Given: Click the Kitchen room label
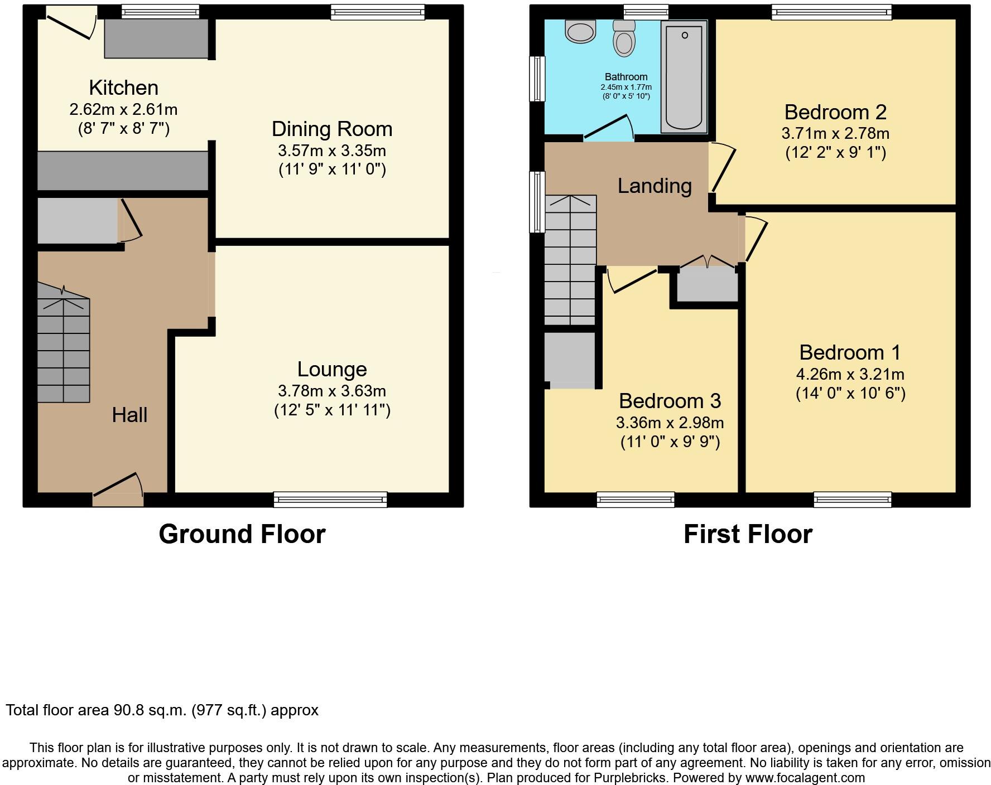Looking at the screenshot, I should tap(123, 88).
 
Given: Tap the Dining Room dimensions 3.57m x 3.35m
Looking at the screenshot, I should tap(331, 151).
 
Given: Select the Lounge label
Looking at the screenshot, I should tap(331, 369).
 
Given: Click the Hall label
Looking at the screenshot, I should tap(129, 415).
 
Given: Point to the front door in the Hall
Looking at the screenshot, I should tap(118, 491).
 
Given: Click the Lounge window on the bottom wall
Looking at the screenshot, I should tap(330, 500).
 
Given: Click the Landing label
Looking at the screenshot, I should tap(655, 186).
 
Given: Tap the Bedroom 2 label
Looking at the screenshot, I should tap(835, 112).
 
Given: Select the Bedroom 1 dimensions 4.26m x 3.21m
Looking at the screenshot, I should tap(850, 374).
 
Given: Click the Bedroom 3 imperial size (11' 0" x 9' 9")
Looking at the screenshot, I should tap(670, 442).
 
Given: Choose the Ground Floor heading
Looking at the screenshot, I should tap(242, 534).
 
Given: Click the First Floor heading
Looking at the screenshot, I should tap(748, 534).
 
